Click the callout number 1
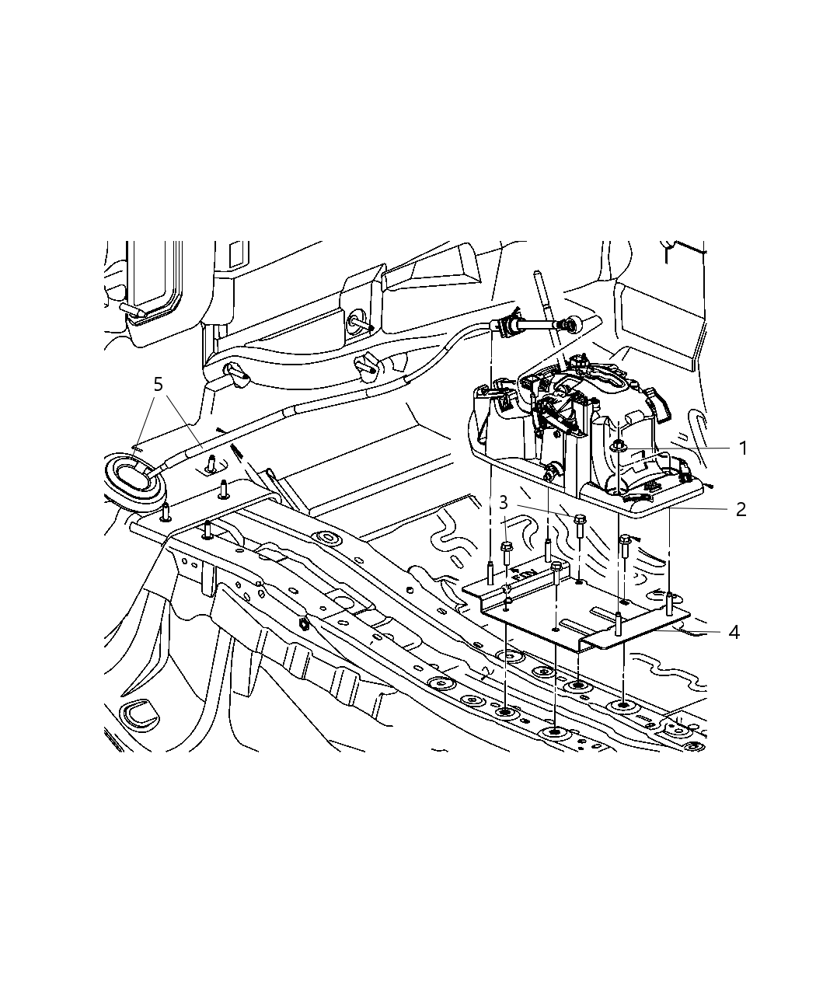(x=742, y=448)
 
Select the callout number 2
(x=741, y=509)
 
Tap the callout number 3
(x=504, y=502)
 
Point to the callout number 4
(x=734, y=632)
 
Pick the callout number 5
(x=159, y=385)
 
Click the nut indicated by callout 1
(x=619, y=445)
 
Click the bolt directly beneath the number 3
(x=506, y=554)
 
